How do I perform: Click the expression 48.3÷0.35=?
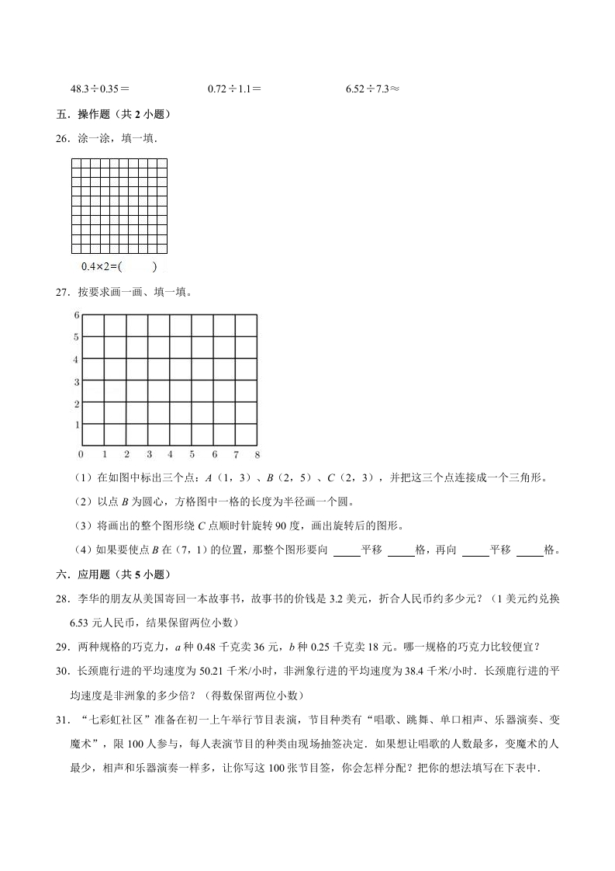click(99, 89)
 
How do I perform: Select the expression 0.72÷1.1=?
click(234, 89)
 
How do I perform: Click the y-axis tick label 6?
click(76, 315)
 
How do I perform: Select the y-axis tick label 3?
click(76, 382)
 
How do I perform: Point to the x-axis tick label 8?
click(257, 454)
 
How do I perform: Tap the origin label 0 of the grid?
click(81, 454)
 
